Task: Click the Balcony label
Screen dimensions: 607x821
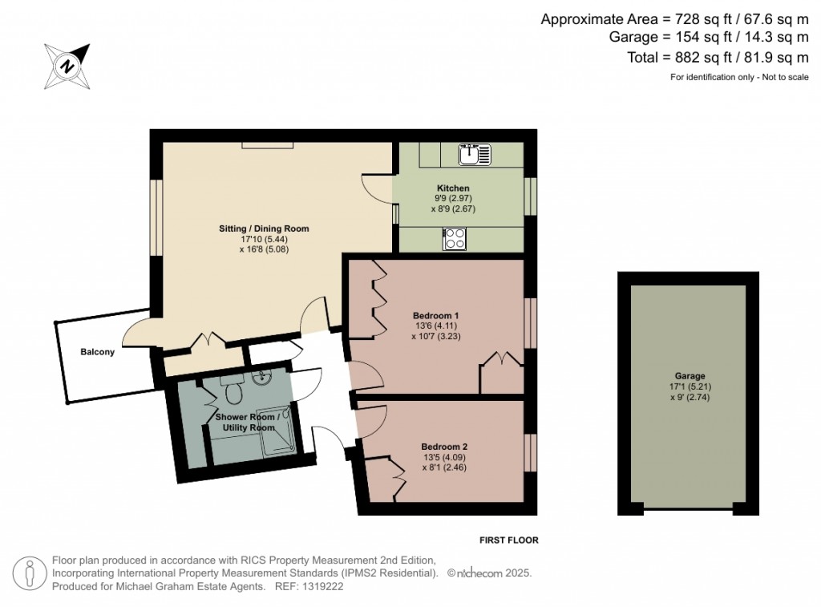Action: tap(97, 352)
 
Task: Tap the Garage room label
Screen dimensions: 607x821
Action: tap(690, 375)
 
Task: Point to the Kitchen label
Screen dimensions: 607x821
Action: tap(453, 188)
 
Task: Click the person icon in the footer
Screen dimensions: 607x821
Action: tap(30, 573)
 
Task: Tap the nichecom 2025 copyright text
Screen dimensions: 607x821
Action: tap(489, 573)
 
